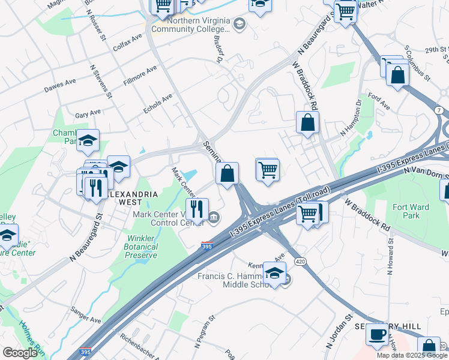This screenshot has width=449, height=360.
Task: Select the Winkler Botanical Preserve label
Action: pyautogui.click(x=140, y=246)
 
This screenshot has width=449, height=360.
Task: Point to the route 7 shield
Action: pyautogui.click(x=440, y=111)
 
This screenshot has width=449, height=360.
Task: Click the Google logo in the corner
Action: pyautogui.click(x=20, y=353)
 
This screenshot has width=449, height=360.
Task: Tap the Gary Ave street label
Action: pyautogui.click(x=88, y=113)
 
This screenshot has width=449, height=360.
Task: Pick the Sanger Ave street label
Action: pyautogui.click(x=86, y=320)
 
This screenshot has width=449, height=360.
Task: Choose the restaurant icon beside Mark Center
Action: pyautogui.click(x=197, y=209)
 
